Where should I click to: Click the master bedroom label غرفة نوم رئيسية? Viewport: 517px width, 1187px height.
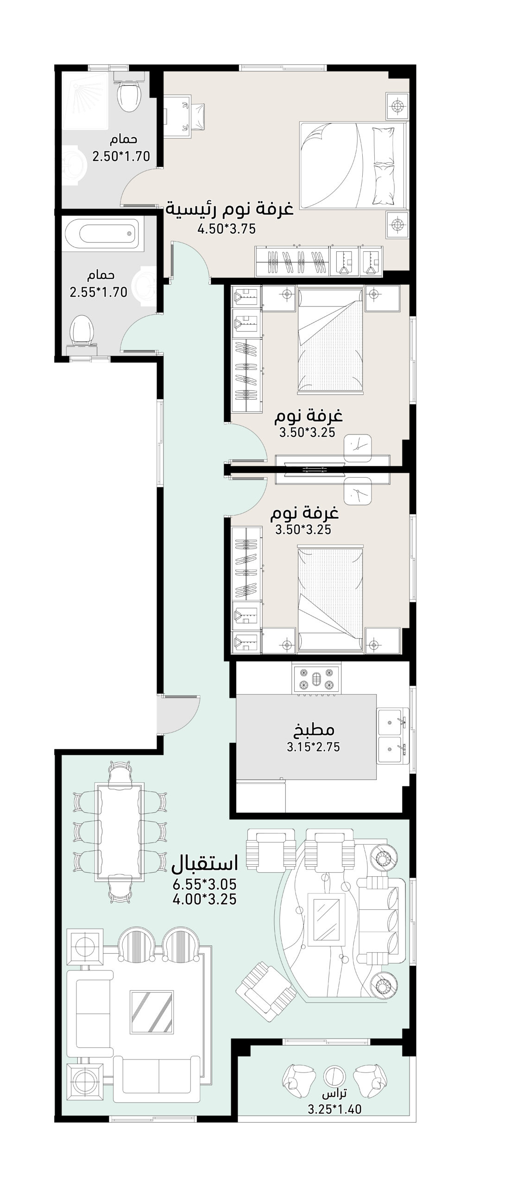click(x=230, y=209)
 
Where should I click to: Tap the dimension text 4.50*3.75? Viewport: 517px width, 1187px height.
click(x=227, y=229)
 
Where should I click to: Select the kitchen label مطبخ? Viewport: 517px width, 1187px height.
click(x=314, y=730)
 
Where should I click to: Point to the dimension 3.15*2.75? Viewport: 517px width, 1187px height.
click(x=314, y=747)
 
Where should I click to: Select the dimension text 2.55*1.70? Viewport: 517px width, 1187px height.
click(x=98, y=293)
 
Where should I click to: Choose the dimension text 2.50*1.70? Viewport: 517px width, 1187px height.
click(x=121, y=156)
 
